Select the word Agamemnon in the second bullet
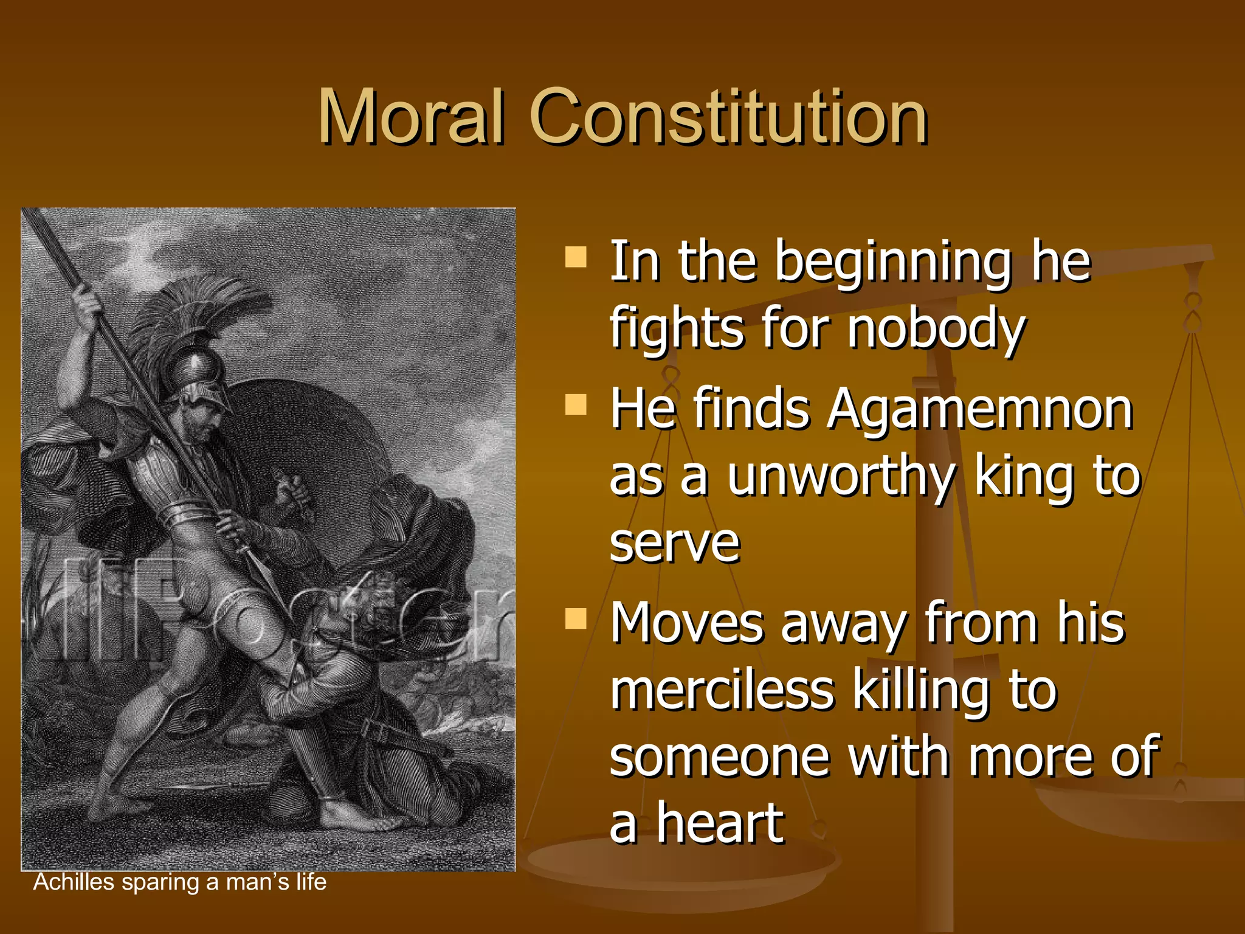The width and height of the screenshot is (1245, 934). pos(979,409)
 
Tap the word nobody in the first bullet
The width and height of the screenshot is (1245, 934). pos(936,328)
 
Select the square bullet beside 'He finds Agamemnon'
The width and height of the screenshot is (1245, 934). pos(576,404)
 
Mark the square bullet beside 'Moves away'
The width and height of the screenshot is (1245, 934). pos(576,618)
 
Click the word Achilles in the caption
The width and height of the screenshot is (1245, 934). pos(74,882)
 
